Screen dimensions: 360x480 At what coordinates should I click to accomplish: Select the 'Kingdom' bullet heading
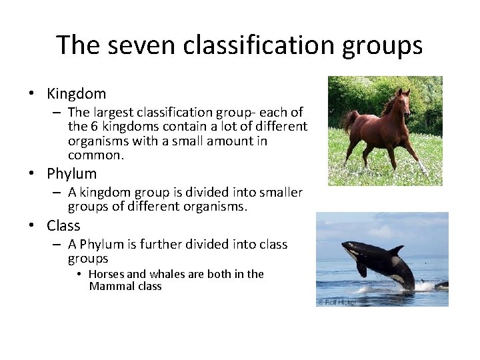click(x=77, y=94)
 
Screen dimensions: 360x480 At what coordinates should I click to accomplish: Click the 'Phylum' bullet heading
click(x=72, y=174)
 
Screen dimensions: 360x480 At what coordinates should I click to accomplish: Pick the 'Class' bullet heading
click(x=63, y=226)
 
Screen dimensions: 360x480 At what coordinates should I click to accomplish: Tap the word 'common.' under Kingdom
click(x=96, y=155)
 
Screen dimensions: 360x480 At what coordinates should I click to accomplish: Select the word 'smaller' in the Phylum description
click(x=279, y=193)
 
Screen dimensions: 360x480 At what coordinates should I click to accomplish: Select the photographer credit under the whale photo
click(x=337, y=302)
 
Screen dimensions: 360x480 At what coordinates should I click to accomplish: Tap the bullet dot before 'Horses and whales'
click(x=80, y=275)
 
